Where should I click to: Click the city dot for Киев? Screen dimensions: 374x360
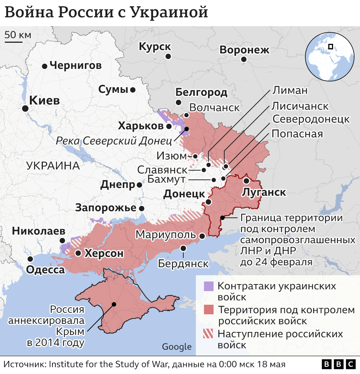25,108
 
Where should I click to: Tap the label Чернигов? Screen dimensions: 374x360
75,66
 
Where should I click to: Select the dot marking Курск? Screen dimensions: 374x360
168,56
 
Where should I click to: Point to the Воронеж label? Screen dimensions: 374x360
244,50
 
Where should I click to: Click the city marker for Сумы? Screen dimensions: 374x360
132,90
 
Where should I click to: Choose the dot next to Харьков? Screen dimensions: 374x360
169,126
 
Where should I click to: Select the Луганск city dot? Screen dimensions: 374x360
246,181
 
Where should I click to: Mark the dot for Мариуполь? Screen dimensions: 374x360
202,236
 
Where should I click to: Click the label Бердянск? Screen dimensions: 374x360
183,263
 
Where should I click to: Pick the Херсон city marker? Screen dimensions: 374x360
78,253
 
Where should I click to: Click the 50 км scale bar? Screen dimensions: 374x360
14,41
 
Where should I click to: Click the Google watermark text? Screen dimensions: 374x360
177,347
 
